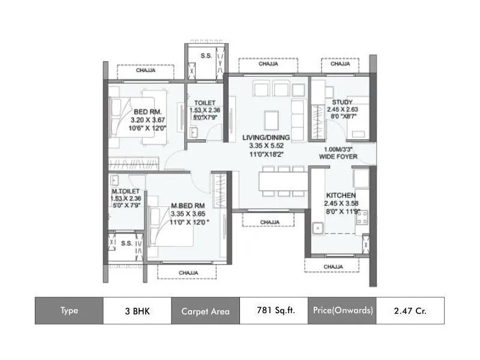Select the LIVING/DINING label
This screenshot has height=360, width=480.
pos(266,137)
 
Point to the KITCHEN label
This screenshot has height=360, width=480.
pos(341,196)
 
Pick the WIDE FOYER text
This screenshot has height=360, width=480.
pos(338,157)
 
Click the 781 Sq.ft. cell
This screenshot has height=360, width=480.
pos(274,311)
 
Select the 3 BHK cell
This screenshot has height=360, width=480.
pos(137,311)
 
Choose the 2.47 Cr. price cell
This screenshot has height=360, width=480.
pos(410,311)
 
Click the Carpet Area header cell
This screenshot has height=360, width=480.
pos(205,311)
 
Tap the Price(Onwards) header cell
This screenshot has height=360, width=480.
pos(343,311)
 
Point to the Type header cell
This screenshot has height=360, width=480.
pos(69,311)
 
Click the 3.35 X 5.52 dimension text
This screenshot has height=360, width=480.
pos(266,145)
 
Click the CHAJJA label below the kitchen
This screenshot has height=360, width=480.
pos(333,266)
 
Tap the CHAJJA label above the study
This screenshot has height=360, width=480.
pos(340,64)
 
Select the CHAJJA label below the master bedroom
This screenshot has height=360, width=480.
pos(189,272)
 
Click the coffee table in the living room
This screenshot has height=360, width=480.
pos(272,117)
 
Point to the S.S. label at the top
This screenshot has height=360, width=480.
pos(206,56)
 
